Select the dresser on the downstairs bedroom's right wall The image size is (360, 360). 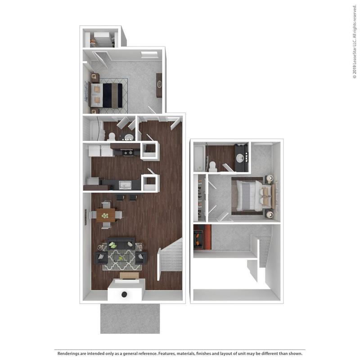point(159,85)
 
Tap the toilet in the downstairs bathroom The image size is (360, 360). point(112,136)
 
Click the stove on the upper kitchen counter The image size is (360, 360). point(127,153)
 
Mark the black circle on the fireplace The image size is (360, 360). point(124,295)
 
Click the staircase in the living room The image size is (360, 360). point(171,259)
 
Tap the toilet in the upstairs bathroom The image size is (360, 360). point(213,166)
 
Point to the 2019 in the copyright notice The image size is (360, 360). point(354,64)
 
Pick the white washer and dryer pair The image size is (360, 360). point(101,150)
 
